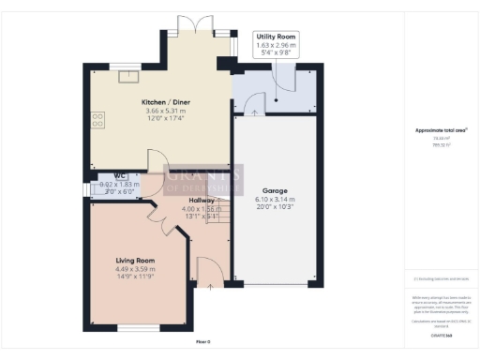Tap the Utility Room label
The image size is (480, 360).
click(276, 36)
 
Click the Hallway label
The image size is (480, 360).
click(201, 201)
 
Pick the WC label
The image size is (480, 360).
click(120, 175)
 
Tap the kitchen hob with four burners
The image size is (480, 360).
click(97, 120)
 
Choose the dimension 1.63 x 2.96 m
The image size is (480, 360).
click(276, 44)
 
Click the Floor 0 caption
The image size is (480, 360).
click(203, 341)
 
